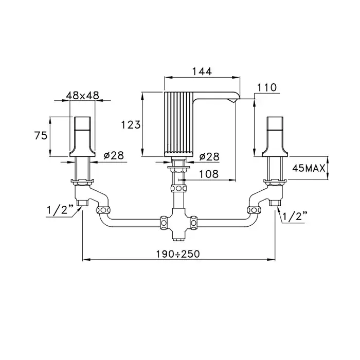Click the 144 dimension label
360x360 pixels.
click(202, 71)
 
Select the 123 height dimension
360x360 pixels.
click(131, 124)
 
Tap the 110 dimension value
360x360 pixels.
click(267, 87)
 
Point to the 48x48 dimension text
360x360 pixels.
click(82, 95)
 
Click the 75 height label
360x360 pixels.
click(41, 135)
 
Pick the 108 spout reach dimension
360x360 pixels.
click(208, 174)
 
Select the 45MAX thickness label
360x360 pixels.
click(309, 168)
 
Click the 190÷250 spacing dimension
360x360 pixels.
click(178, 254)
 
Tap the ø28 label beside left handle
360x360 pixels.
click(114, 156)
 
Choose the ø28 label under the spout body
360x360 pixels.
click(209, 157)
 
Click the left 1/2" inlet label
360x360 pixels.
click(60, 209)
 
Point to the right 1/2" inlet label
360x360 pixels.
click(295, 216)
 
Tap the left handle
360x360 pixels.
click(82, 137)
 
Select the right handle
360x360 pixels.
click(275, 137)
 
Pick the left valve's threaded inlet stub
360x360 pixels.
click(82, 203)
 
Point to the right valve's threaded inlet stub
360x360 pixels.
click(275, 203)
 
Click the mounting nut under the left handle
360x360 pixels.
click(82, 182)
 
